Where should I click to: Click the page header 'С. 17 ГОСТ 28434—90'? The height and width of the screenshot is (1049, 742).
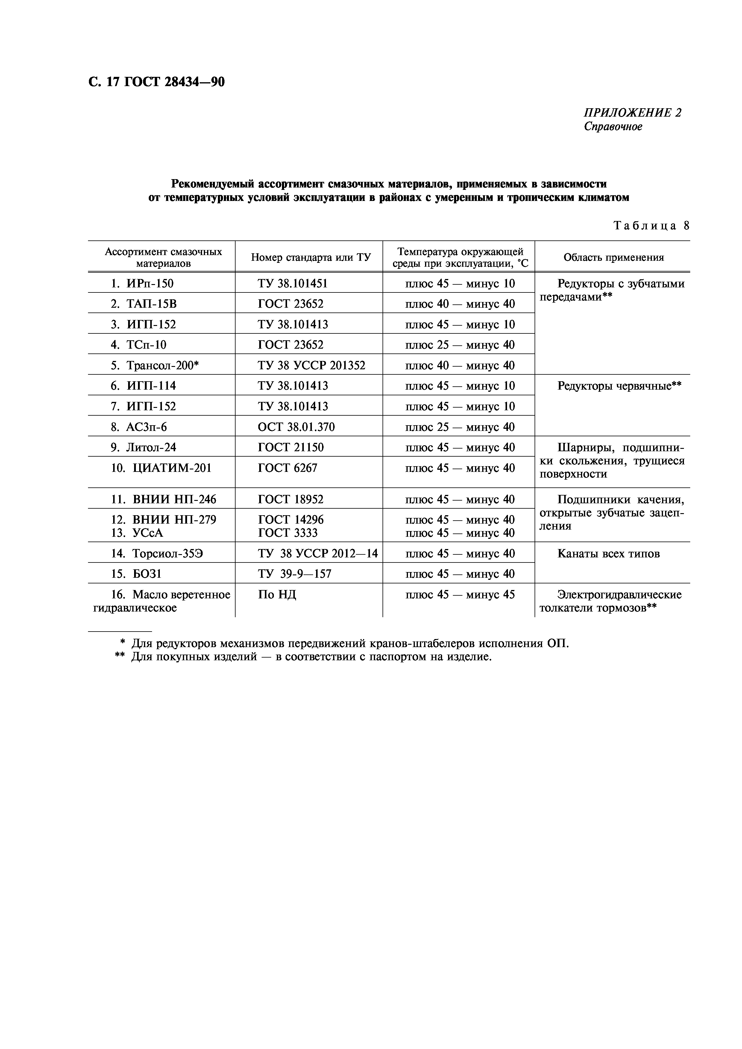click(x=156, y=82)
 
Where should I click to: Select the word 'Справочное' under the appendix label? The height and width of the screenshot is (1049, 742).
click(x=613, y=126)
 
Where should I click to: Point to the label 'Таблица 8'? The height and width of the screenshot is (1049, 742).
click(x=651, y=226)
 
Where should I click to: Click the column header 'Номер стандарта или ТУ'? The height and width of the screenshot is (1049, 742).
click(x=310, y=257)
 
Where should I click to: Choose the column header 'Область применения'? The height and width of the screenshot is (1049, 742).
click(x=613, y=257)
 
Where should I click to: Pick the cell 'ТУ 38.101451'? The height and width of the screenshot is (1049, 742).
click(x=293, y=284)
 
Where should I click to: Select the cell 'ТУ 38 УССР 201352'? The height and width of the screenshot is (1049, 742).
click(x=311, y=365)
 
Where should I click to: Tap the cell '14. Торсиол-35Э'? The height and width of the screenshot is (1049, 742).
click(x=157, y=554)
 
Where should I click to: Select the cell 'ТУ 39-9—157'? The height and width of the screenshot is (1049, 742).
click(x=295, y=574)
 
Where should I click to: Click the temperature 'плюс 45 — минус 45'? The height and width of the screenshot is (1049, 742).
click(x=459, y=595)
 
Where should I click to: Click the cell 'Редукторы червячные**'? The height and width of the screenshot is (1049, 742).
click(x=619, y=386)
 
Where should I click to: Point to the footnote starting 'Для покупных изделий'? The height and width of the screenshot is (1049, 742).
click(x=311, y=657)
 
